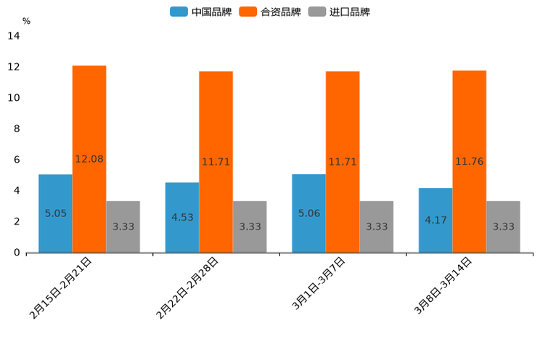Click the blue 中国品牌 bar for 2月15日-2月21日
point(55,213)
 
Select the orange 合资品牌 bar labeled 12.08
point(89,159)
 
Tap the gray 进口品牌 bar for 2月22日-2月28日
point(250,226)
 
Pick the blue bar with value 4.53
point(182,217)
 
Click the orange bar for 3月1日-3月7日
point(343,162)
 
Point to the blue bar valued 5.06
point(308,213)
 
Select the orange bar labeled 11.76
point(470,161)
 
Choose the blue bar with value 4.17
point(435,220)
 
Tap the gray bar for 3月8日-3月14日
point(503,226)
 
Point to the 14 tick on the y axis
point(14,36)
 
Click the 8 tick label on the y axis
point(17,129)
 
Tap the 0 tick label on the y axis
point(17,253)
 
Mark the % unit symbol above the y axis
point(26,21)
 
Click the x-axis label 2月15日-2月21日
point(61,287)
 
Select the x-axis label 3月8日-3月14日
point(443,285)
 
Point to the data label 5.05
point(55,213)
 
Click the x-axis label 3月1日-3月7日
point(319,283)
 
